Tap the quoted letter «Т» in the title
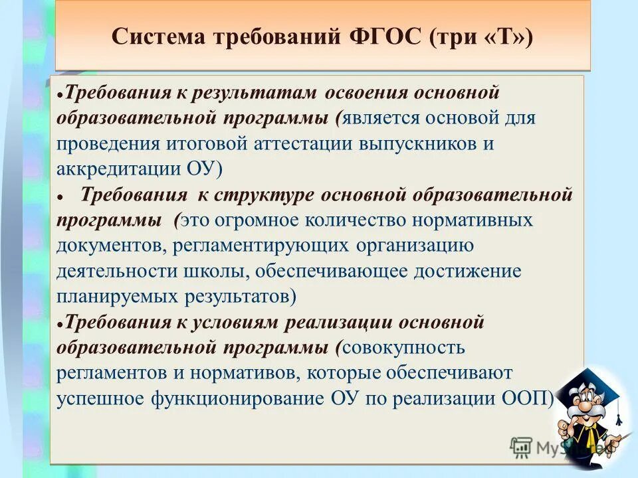click(507, 37)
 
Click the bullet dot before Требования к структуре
click(60, 197)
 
